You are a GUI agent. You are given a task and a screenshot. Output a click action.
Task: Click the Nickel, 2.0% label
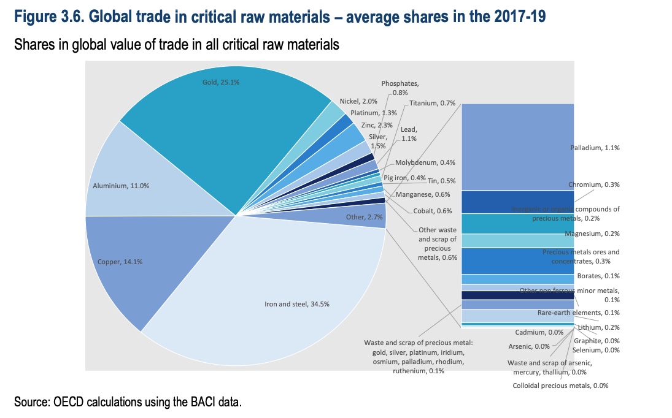point(358,101)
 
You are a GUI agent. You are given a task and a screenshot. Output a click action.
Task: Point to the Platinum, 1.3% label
point(369,113)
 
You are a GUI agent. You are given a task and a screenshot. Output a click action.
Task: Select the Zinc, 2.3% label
point(376,125)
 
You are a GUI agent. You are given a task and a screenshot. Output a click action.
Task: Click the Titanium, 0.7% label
point(432,103)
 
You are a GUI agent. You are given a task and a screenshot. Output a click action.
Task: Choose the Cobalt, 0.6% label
point(432,211)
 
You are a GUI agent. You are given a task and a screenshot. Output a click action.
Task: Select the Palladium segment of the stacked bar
point(517,147)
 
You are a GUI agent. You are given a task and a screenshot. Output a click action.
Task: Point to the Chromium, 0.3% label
point(593,184)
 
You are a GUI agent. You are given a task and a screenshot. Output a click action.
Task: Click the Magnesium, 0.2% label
point(592,234)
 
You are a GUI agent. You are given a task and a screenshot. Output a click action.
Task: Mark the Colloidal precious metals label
point(560,386)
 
